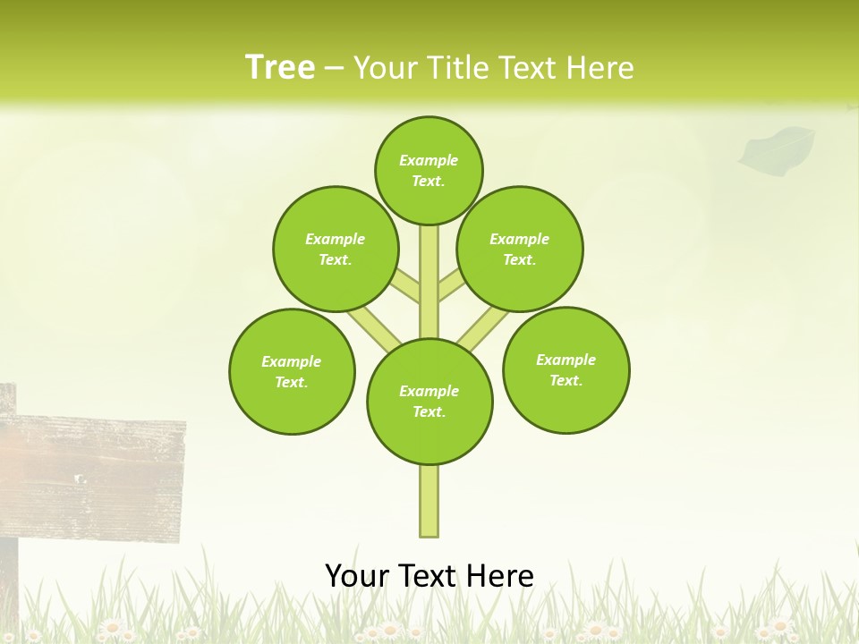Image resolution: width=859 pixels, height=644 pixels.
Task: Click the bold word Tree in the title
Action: [x=280, y=67]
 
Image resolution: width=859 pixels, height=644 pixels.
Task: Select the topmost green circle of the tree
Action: [x=429, y=170]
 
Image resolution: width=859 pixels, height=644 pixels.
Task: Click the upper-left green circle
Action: [x=336, y=249]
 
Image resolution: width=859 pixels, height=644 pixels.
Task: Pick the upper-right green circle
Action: [x=520, y=249]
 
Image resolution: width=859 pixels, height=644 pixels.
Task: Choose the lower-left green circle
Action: [x=292, y=371]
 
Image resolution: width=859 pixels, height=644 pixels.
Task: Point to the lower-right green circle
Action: [x=566, y=369]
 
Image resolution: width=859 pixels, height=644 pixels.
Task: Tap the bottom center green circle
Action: [x=429, y=402]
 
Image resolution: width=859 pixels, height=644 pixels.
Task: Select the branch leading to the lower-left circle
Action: [x=374, y=327]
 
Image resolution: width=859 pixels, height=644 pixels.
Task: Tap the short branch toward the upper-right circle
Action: [x=450, y=286]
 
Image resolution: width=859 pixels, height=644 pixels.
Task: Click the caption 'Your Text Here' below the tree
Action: [x=429, y=575]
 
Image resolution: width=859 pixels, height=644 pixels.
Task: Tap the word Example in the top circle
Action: [x=429, y=160]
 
